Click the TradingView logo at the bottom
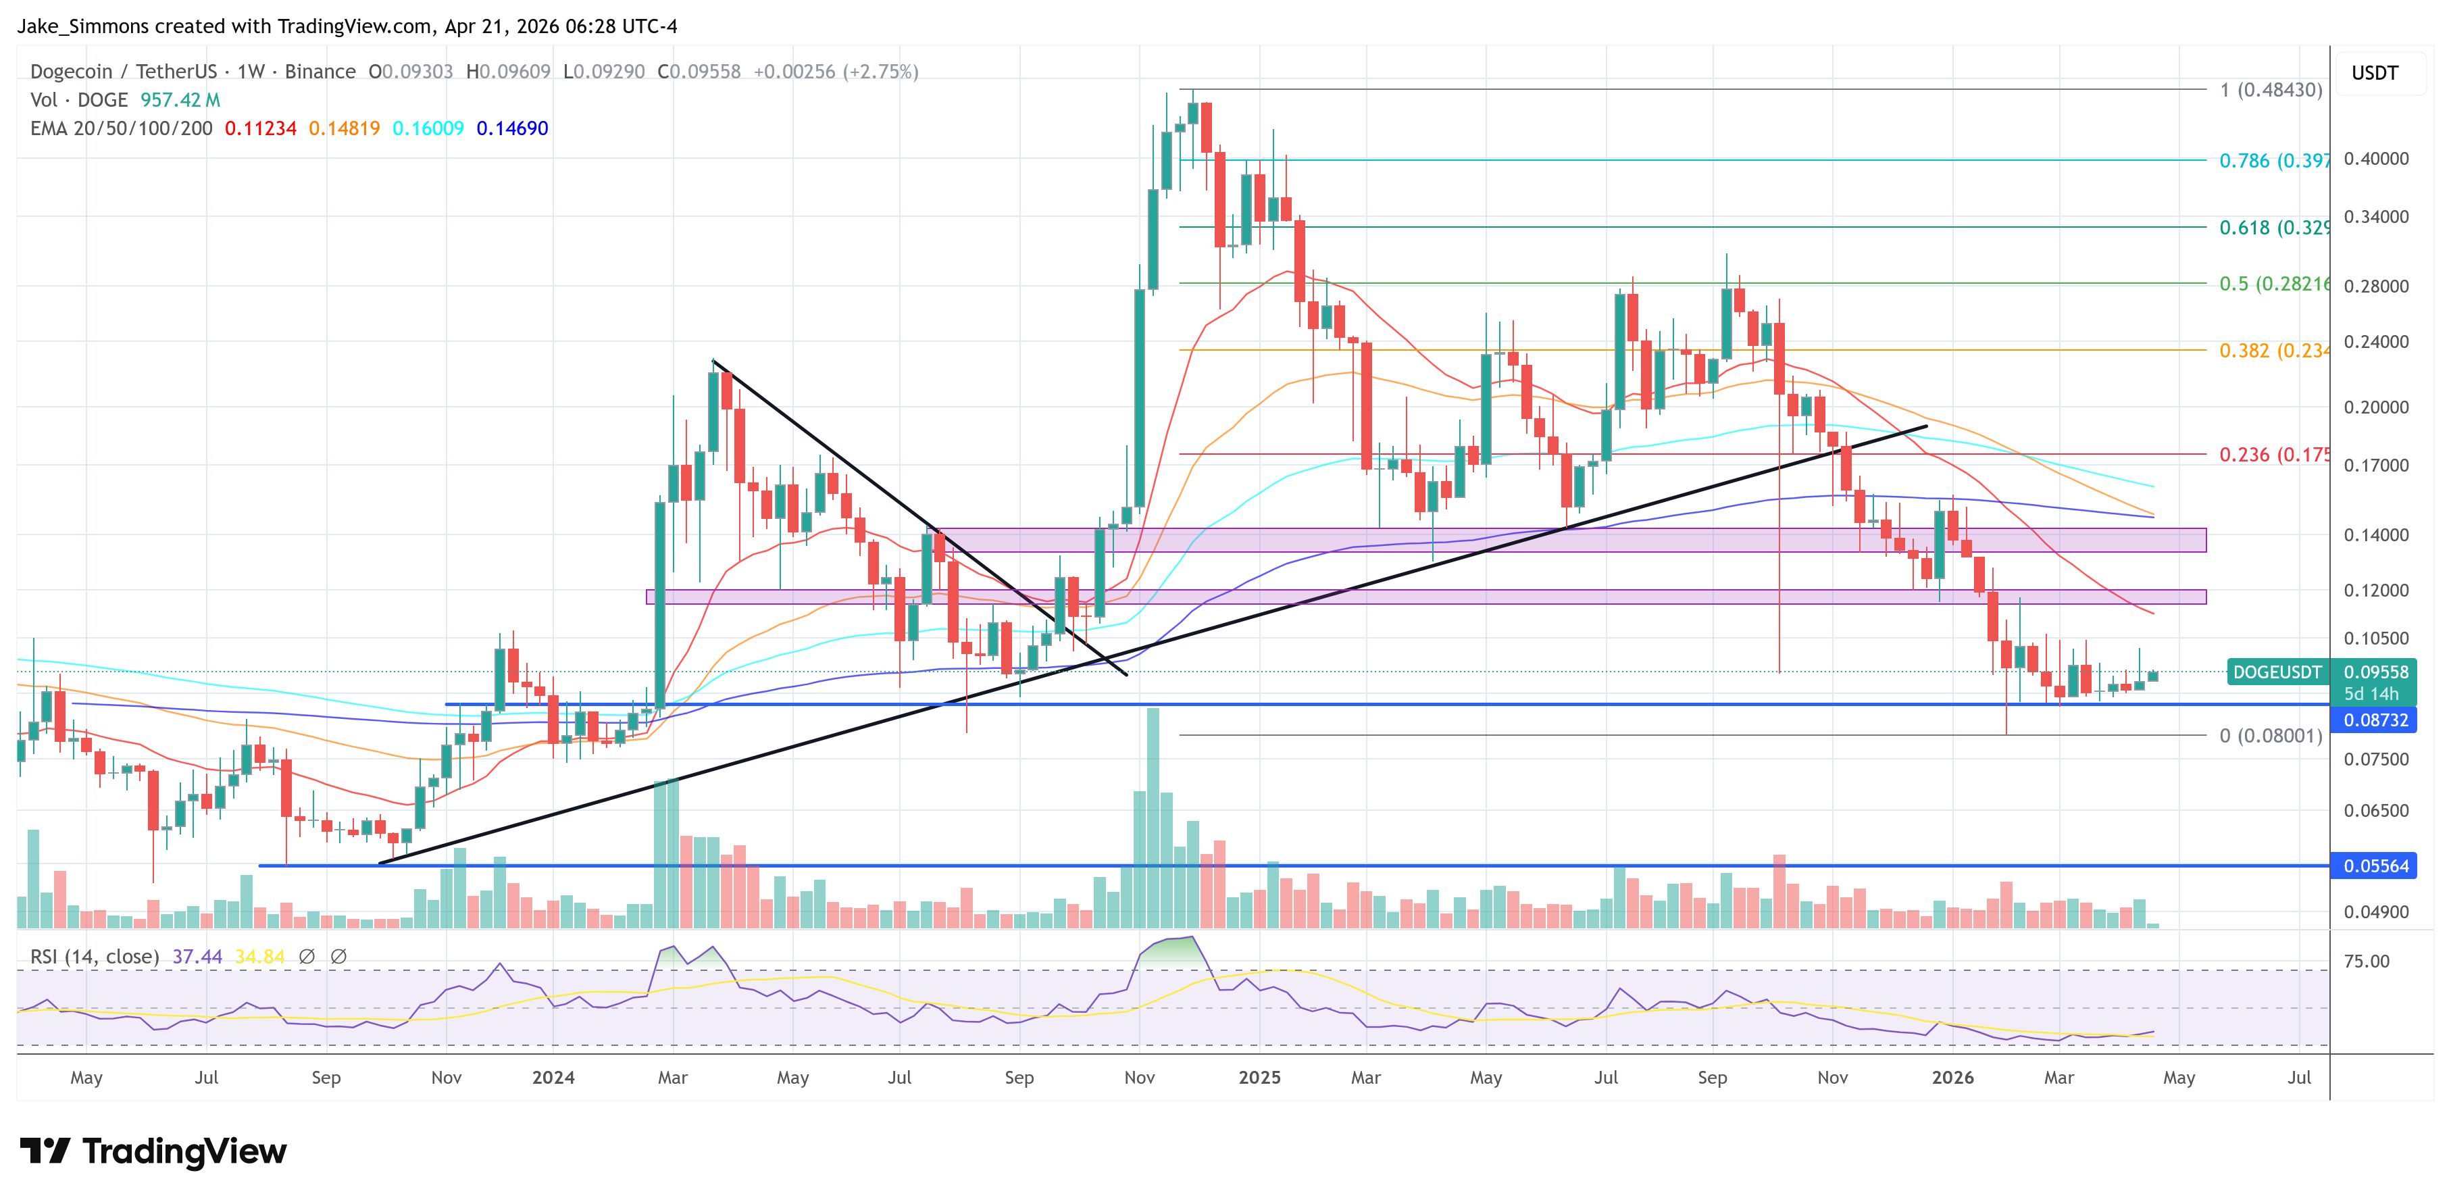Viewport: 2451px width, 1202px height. (152, 1151)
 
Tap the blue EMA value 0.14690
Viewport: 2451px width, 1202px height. (512, 128)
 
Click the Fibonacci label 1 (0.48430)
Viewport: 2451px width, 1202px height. (2270, 91)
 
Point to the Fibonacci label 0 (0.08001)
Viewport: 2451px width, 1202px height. (2270, 736)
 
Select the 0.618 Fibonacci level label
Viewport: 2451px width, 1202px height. (2273, 228)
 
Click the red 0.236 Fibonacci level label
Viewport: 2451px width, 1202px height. (2273, 455)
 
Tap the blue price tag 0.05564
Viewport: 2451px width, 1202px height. (2375, 866)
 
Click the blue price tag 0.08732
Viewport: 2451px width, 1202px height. (2375, 720)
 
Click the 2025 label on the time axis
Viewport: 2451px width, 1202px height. (1259, 1077)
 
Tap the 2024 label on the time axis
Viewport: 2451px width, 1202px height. (553, 1077)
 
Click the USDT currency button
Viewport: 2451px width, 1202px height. (2374, 73)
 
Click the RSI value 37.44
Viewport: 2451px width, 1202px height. (197, 957)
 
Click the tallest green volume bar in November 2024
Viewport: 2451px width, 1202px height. (1153, 818)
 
